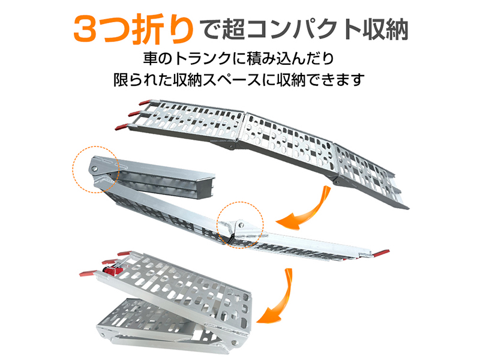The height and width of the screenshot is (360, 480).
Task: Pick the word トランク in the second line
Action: coord(206,60)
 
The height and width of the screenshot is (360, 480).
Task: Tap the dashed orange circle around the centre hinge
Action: coord(240,222)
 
